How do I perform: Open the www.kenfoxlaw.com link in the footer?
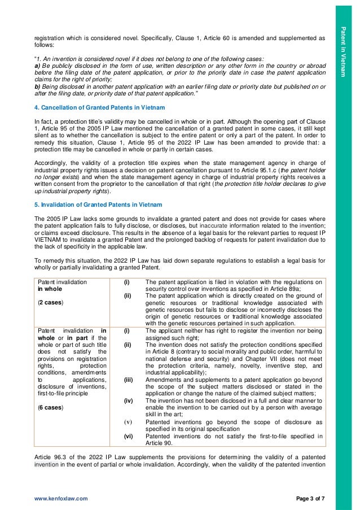(x=61, y=500)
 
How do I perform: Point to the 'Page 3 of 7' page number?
(x=310, y=500)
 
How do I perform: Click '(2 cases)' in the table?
(x=50, y=302)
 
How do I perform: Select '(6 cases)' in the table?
(x=50, y=407)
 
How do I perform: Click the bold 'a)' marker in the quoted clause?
(x=38, y=66)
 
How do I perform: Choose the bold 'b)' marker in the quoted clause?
(x=38, y=88)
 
